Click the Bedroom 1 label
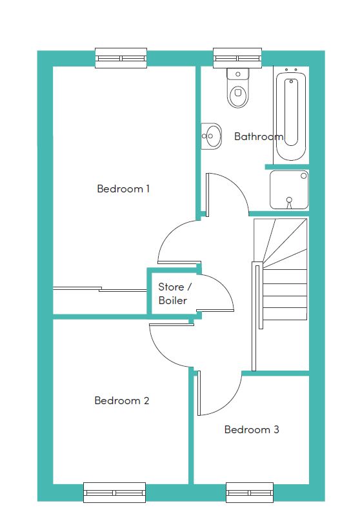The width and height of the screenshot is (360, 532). [x=123, y=189]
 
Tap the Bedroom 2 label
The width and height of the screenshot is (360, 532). [x=122, y=401]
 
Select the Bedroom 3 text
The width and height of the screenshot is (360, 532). [x=252, y=429]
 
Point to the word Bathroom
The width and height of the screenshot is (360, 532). [x=259, y=136]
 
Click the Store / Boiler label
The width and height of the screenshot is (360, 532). [x=175, y=294]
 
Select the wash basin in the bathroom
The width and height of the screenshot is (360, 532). [x=211, y=136]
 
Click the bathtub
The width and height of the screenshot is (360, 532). [x=291, y=116]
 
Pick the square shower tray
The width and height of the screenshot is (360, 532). [x=289, y=190]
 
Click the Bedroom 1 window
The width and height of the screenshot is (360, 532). [x=121, y=58]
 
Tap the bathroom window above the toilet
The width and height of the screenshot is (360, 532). [x=237, y=58]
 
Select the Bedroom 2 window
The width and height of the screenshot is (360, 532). [x=115, y=493]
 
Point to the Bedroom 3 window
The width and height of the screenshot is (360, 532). [x=250, y=493]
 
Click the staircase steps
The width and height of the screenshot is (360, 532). [x=281, y=269]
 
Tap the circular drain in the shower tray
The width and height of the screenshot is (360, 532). [x=289, y=200]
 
